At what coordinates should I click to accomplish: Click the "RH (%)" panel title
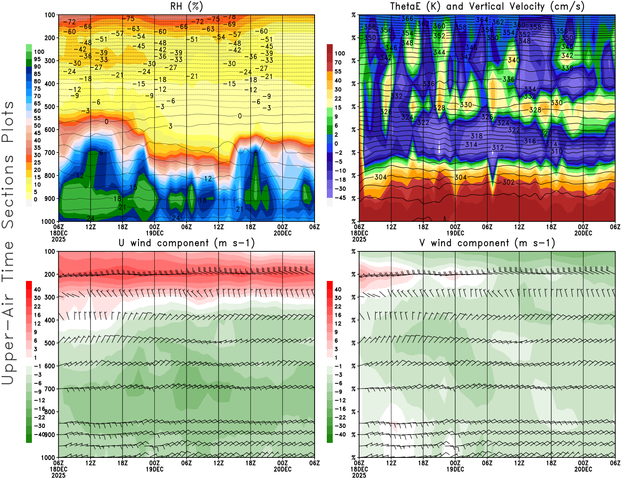coord(187,6)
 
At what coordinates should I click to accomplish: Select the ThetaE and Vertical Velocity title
coord(487,6)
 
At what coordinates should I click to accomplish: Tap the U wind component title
coord(187,243)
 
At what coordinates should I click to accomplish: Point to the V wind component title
coord(487,243)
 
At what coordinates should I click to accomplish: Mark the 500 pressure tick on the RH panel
coord(50,107)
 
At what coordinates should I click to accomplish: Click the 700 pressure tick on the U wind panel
coord(50,389)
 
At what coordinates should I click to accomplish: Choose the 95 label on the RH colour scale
coord(37,59)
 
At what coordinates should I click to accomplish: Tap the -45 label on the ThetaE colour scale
coord(340,198)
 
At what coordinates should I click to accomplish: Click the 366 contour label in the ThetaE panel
coord(407,19)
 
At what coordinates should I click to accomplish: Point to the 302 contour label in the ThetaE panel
coord(508,182)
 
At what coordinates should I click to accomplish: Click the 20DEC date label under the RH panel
coord(282,233)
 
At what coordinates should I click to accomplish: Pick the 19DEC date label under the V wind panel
coord(455,469)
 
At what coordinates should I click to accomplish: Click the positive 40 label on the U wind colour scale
coord(37,289)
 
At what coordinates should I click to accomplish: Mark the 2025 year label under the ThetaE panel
coord(359,239)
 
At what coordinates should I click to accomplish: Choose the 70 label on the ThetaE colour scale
coord(338,62)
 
